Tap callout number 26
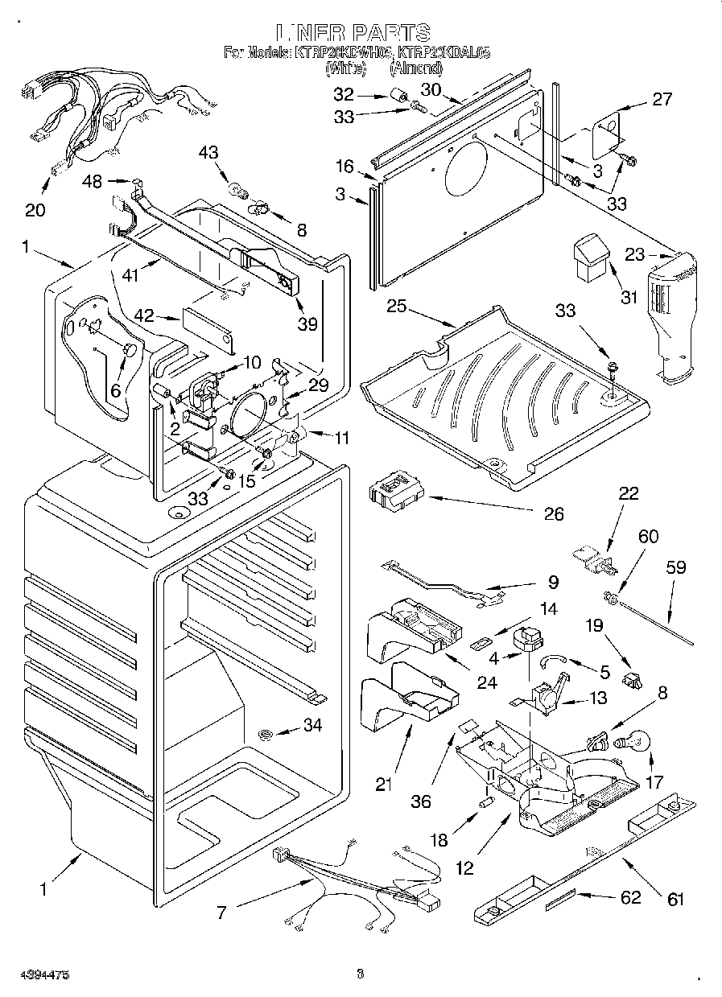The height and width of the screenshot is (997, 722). (553, 513)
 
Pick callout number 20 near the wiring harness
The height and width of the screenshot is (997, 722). (35, 210)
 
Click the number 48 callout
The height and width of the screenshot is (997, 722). (93, 182)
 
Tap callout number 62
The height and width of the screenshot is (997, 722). (630, 898)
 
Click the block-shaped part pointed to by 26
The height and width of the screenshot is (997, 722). (394, 494)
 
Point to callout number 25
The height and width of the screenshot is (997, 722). (395, 307)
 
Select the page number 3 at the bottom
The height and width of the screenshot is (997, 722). (360, 974)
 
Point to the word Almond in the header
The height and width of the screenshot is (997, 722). (416, 68)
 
